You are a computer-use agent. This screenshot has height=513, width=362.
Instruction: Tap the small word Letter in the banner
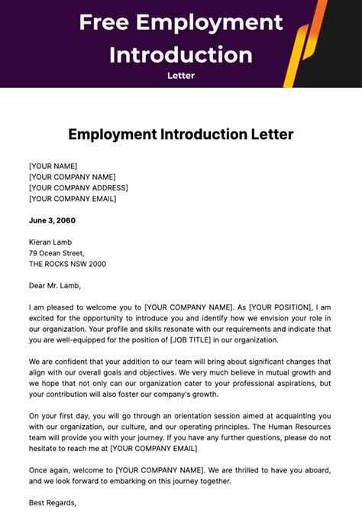click(x=181, y=75)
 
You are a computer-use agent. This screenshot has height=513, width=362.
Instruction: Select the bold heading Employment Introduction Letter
click(x=181, y=135)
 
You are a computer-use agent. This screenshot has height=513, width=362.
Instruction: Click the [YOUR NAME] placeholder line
click(x=53, y=166)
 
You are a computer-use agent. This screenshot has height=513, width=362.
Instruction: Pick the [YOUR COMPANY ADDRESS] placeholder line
click(x=78, y=187)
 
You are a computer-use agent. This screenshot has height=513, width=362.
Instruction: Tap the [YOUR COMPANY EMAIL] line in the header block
click(x=73, y=199)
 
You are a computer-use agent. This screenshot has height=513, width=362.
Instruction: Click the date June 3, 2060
click(x=52, y=220)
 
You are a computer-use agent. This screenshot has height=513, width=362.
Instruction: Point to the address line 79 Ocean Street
click(x=57, y=253)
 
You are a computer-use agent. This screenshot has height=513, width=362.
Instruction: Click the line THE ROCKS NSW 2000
click(x=67, y=264)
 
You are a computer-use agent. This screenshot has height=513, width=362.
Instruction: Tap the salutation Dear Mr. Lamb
click(x=54, y=286)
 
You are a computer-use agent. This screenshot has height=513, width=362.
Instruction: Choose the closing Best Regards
click(x=53, y=502)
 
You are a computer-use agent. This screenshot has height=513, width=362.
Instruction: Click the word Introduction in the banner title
click(x=181, y=54)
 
